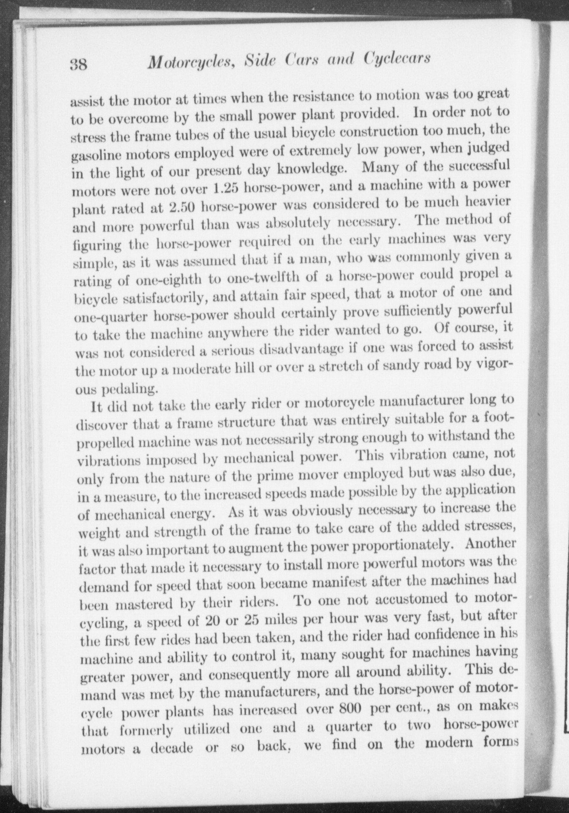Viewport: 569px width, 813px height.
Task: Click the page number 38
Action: point(79,65)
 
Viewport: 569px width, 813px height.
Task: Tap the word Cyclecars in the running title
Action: point(397,58)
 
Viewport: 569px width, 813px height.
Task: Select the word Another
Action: point(490,543)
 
